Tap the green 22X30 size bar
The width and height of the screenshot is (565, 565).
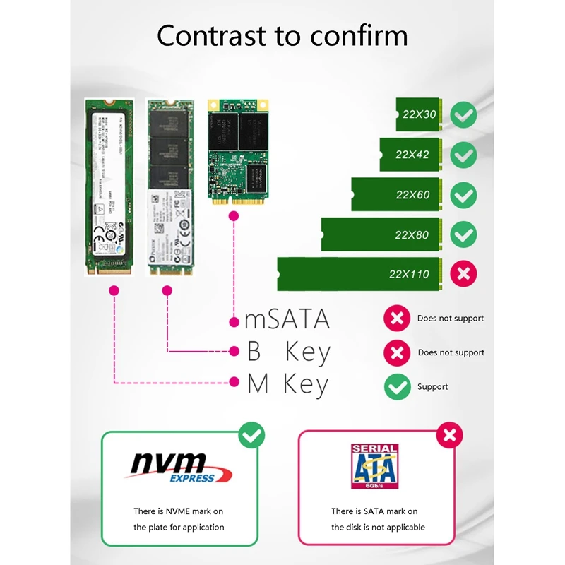(419, 114)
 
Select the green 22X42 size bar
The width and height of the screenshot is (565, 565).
(412, 154)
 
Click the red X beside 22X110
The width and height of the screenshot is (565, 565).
(463, 273)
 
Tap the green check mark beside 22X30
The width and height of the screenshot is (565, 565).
(463, 114)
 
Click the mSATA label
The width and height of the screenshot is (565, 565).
(287, 320)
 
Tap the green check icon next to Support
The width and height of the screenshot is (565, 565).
(396, 386)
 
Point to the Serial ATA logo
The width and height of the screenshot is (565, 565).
(374, 466)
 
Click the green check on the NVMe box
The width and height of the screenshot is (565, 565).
(252, 435)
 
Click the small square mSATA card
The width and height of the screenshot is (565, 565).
(239, 151)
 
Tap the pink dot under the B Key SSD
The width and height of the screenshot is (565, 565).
(167, 290)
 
